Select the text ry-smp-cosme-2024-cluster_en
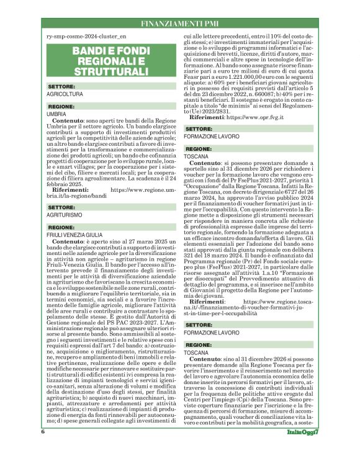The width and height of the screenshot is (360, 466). (x=86, y=38)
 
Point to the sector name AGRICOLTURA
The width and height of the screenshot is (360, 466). (x=65, y=94)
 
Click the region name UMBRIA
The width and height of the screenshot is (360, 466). (x=56, y=115)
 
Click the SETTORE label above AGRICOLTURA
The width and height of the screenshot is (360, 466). (x=61, y=86)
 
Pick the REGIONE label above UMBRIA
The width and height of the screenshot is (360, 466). (x=61, y=107)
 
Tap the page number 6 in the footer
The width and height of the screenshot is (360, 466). (x=43, y=448)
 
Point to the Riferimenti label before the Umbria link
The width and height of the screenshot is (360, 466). (x=71, y=189)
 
